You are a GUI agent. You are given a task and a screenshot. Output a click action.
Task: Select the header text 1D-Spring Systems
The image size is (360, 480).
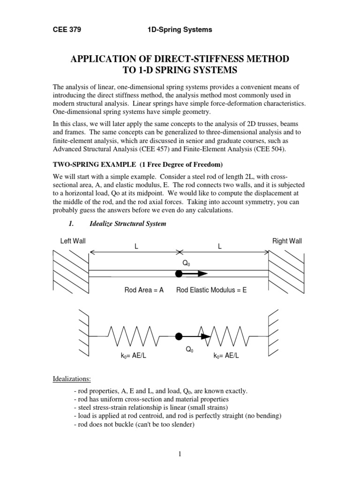pyautogui.click(x=180, y=30)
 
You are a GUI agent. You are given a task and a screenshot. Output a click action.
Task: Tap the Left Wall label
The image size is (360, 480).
pyautogui.click(x=73, y=241)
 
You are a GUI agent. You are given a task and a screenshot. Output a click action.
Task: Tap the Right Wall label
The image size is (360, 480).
pyautogui.click(x=287, y=241)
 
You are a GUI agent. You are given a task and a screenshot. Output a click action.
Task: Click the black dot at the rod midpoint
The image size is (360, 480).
pyautogui.click(x=178, y=274)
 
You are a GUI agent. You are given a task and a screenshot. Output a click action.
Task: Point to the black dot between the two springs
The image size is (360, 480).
pyautogui.click(x=178, y=336)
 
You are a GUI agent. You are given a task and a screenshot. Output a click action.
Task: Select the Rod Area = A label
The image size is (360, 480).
pyautogui.click(x=143, y=290)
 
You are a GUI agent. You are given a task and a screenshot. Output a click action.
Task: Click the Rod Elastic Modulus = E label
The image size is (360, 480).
pyautogui.click(x=211, y=290)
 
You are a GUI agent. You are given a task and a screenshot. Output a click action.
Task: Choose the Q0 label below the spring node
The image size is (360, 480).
pyautogui.click(x=189, y=350)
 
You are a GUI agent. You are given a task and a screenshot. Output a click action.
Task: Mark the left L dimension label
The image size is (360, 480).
pyautogui.click(x=136, y=246)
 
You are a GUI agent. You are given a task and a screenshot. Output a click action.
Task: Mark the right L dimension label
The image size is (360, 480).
pyautogui.click(x=219, y=246)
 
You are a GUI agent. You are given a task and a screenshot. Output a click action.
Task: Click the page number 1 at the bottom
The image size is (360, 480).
pyautogui.click(x=180, y=453)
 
